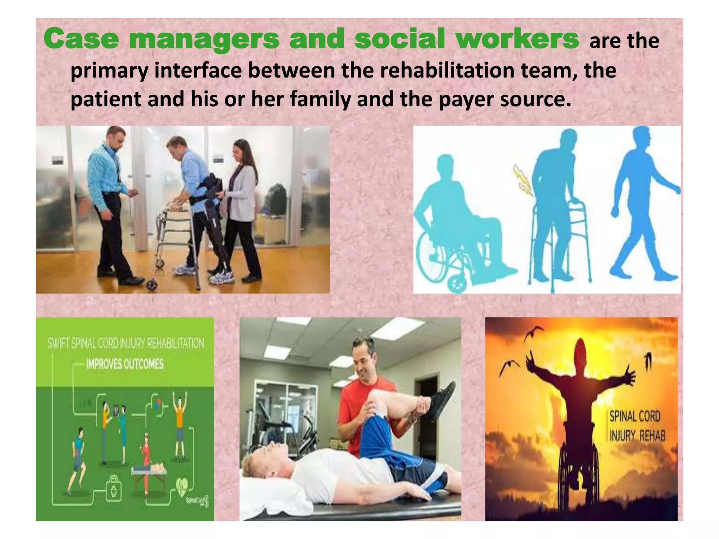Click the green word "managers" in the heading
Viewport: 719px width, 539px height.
click(x=204, y=39)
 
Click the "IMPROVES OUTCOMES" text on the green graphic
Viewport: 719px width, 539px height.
click(x=125, y=364)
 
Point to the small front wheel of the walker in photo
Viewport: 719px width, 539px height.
click(x=152, y=285)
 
